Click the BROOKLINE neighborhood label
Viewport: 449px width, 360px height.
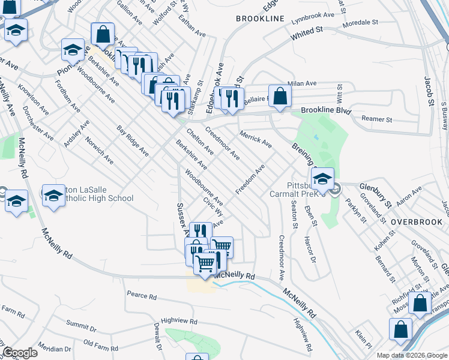(260, 19)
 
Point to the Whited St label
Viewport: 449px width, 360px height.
(307, 33)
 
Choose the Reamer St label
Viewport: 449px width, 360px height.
(376, 119)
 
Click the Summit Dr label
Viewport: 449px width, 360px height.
(81, 326)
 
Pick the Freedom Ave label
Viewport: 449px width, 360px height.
(250, 179)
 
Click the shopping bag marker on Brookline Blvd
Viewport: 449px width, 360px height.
(280, 95)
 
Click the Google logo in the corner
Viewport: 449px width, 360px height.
(20, 353)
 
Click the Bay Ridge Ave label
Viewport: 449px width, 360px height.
(133, 141)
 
